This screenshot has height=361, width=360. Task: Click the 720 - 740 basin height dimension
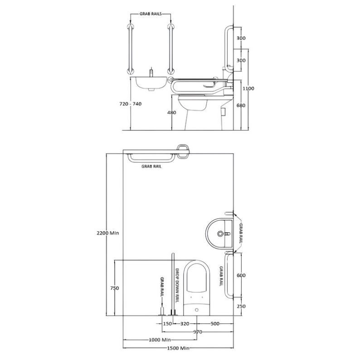[x=131, y=104]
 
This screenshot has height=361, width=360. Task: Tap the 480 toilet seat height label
[x=171, y=113]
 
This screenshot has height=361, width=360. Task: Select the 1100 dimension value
[x=248, y=88]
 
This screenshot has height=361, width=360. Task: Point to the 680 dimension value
[x=241, y=106]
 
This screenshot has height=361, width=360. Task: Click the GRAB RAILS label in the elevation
[x=151, y=14]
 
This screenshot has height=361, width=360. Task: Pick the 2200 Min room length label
[x=107, y=233]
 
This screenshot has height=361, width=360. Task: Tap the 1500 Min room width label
[x=178, y=348]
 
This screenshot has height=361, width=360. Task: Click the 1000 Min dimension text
[x=160, y=340]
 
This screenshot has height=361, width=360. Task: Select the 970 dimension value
[x=198, y=332]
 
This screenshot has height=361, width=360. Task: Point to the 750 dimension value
[x=115, y=288]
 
